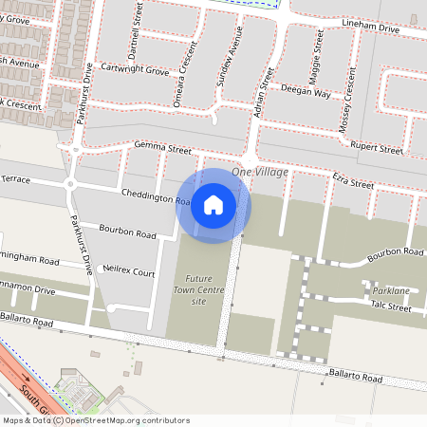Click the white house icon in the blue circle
point(213,205)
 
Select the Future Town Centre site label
point(195,289)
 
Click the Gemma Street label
point(162,150)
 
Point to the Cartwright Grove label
point(136,70)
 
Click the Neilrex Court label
point(129,272)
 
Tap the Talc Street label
point(390,307)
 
